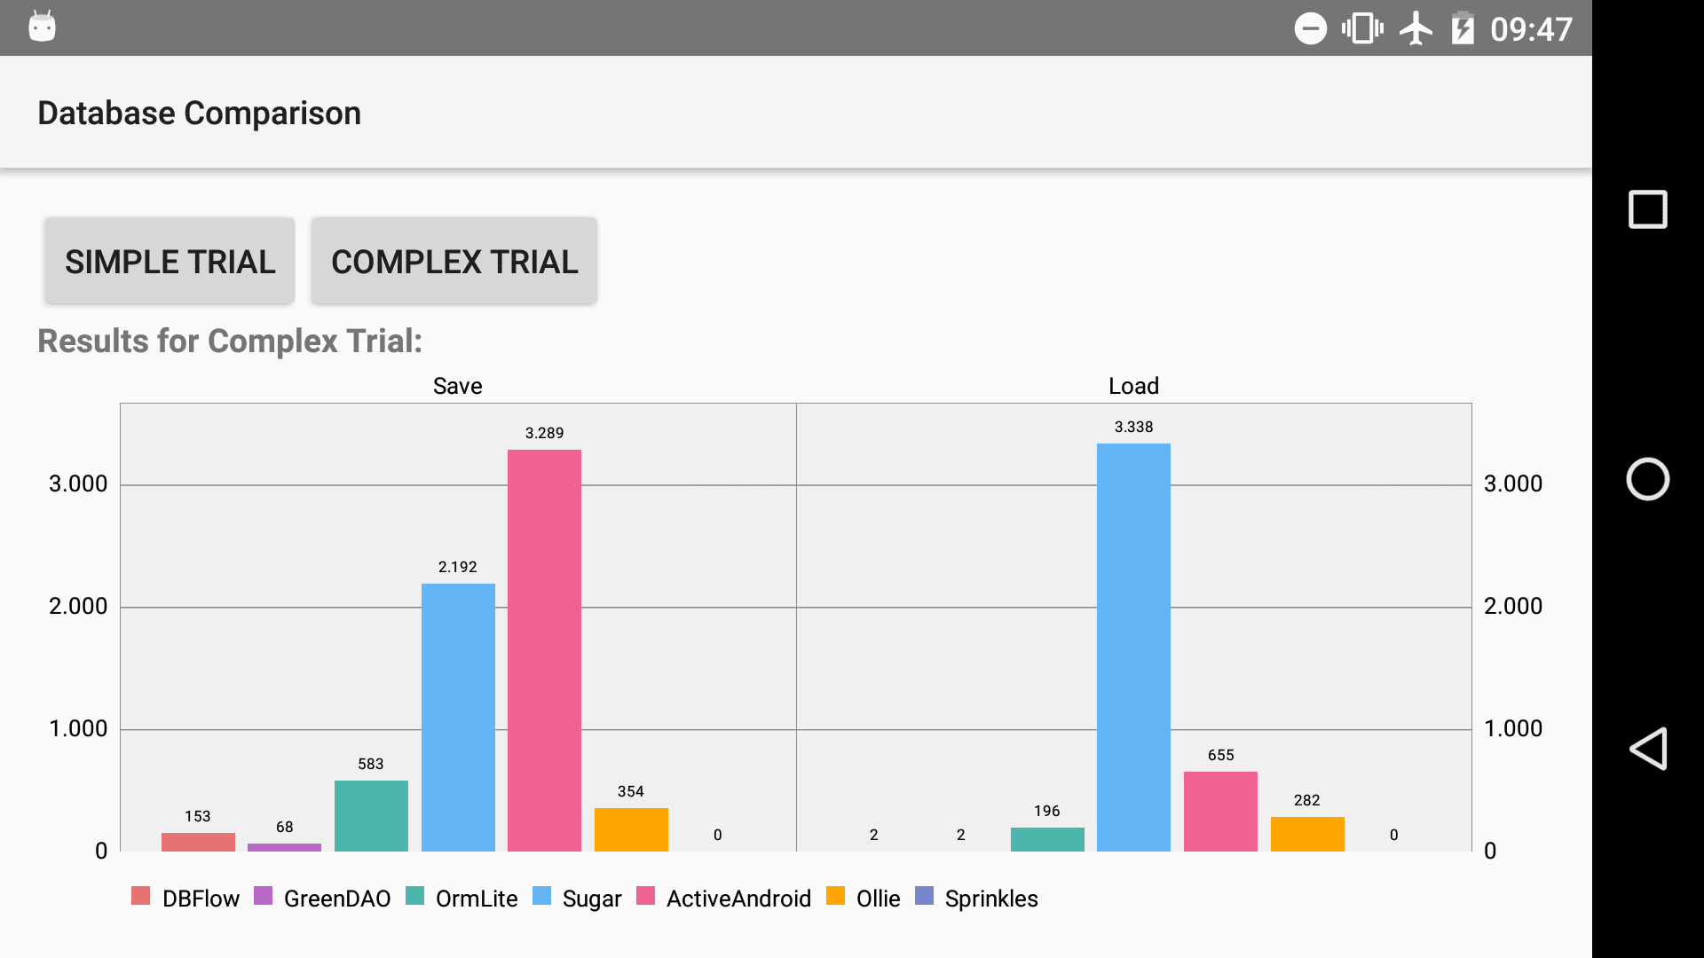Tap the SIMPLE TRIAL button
[170, 261]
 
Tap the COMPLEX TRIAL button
[454, 261]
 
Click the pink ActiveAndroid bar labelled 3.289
[544, 650]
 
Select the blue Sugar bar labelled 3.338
[1133, 648]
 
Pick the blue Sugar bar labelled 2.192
[458, 718]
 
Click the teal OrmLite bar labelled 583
[371, 816]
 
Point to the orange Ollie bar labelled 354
[631, 830]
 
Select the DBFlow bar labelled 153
[198, 843]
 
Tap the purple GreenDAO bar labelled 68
[284, 847]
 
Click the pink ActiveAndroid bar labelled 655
[1220, 812]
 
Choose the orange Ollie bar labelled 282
[1307, 835]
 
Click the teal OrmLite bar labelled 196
[1047, 840]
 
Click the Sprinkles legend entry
[976, 898]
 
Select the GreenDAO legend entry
[322, 898]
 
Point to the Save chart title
[457, 386]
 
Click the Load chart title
[1133, 386]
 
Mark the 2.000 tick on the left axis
[78, 606]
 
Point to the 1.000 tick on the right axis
[1513, 728]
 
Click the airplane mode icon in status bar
[1416, 28]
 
